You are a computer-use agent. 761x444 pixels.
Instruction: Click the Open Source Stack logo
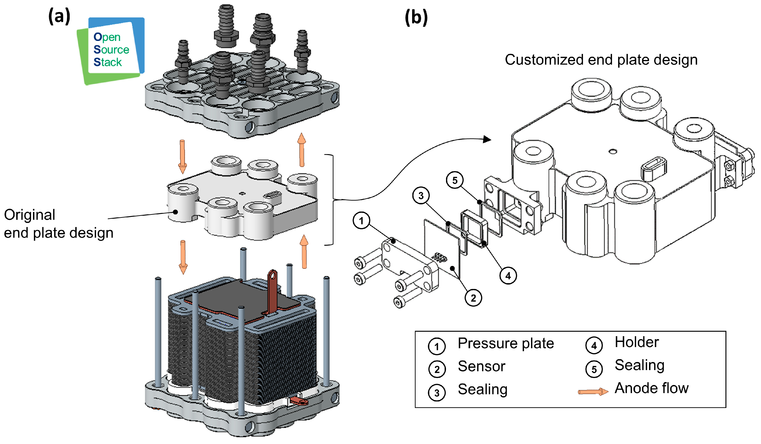111,51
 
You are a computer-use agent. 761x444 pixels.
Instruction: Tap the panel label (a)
59,17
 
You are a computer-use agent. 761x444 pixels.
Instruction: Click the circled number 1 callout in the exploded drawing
361,221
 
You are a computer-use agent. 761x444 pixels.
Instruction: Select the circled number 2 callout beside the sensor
473,298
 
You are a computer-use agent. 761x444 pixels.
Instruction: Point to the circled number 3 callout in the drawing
421,195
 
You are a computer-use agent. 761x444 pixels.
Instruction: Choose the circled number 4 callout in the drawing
508,276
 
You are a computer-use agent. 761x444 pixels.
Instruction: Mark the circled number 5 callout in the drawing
455,180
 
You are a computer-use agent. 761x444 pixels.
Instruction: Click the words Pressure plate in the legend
506,344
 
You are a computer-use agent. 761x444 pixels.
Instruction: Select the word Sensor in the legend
481,366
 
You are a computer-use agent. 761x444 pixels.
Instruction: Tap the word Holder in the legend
636,342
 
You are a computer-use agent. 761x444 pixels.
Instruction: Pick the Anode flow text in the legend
652,388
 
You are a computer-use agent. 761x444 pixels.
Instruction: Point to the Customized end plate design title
601,60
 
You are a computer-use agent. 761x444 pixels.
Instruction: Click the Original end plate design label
59,224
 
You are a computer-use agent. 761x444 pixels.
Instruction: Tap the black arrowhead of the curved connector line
487,139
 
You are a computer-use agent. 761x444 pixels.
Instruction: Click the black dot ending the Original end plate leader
175,212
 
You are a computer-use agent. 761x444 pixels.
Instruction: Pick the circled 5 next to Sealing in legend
594,369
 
